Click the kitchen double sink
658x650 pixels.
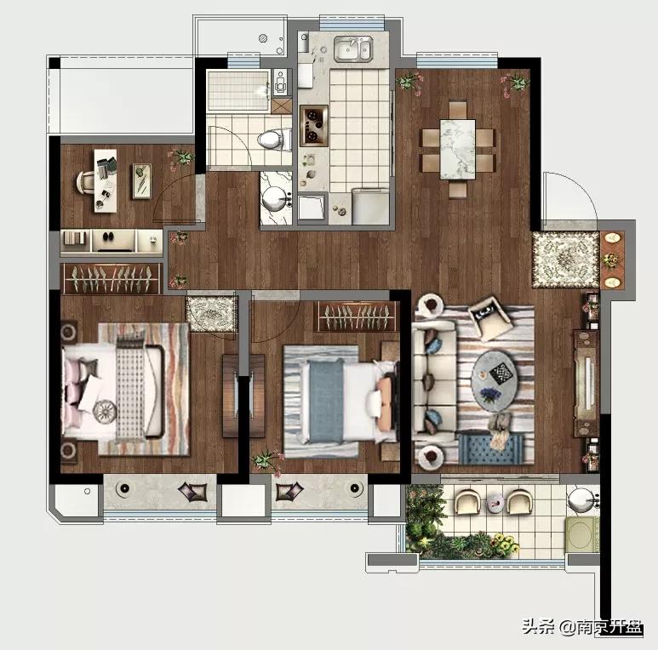[x=353, y=49]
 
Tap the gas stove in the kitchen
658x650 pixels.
[x=314, y=125]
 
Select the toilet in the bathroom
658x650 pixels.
[x=273, y=140]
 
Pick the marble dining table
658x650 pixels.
[x=458, y=149]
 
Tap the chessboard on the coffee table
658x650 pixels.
[x=501, y=373]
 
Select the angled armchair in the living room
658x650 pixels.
[x=489, y=317]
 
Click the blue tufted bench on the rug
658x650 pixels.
[x=490, y=449]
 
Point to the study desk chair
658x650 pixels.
[x=87, y=184]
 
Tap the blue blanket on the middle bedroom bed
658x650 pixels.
[x=326, y=402]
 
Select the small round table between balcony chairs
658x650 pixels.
[x=495, y=502]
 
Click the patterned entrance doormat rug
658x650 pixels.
[x=565, y=259]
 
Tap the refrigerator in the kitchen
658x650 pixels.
[x=370, y=207]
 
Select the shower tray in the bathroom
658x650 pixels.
[x=237, y=91]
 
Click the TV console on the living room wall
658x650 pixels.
[x=586, y=384]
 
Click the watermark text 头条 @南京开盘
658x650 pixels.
[x=583, y=628]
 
